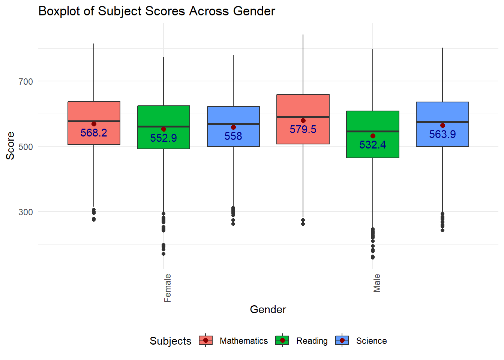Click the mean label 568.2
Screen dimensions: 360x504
pos(94,133)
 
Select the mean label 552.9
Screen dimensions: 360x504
pos(163,138)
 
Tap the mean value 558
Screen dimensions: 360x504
pos(233,136)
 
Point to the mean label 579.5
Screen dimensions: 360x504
pos(303,129)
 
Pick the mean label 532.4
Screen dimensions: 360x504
pos(373,145)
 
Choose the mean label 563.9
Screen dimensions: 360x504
pos(442,134)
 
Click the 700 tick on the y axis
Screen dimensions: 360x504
pos(25,81)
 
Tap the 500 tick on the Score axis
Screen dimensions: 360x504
pos(25,147)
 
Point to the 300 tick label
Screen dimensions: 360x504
pos(25,212)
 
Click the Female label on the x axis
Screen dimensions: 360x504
pos(168,288)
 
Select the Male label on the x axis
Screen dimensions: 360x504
pos(377,283)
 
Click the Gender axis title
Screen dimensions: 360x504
pos(268,309)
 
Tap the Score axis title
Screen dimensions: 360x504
pos(10,146)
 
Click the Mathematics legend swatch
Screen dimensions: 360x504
pos(205,340)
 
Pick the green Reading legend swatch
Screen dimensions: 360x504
pos(282,340)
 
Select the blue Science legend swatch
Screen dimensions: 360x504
pos(342,340)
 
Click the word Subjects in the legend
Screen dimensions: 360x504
pos(170,341)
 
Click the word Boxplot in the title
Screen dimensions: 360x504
pos(59,11)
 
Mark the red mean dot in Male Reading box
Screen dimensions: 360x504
pos(373,136)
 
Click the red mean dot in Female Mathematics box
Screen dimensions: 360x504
pos(94,124)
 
